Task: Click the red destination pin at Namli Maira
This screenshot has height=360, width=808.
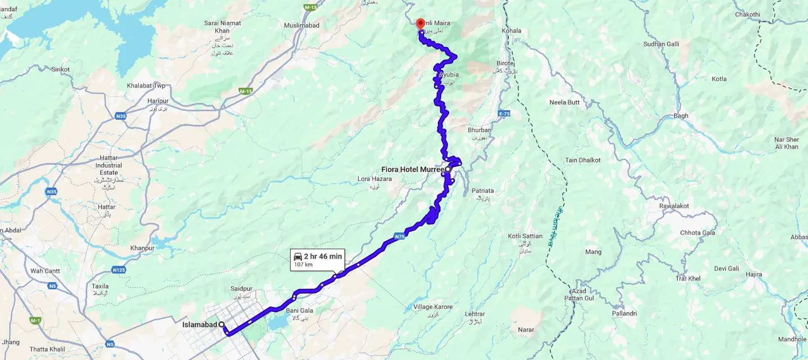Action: point(420,23)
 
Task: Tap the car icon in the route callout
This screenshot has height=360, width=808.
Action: point(297,256)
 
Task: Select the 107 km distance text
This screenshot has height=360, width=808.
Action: point(303,264)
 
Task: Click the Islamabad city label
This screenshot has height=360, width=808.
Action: point(199,325)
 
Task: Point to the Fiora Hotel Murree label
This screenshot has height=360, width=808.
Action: point(412,169)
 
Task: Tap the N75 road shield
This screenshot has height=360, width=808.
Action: point(399,237)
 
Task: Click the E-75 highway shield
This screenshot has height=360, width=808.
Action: point(503,114)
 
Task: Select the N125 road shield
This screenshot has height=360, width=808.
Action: point(118,270)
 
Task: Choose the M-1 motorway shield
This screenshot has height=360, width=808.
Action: point(35,320)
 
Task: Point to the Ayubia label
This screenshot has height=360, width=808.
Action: point(449,75)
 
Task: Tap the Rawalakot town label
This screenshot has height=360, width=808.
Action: point(675,206)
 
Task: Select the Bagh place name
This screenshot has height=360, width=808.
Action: point(680,116)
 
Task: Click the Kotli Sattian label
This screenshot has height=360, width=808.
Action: point(525,236)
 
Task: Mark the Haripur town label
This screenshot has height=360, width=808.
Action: point(158,101)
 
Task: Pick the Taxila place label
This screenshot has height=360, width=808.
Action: point(100,286)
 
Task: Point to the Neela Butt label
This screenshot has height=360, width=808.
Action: point(564,102)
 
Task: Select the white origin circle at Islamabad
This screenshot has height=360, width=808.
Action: point(222,325)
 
